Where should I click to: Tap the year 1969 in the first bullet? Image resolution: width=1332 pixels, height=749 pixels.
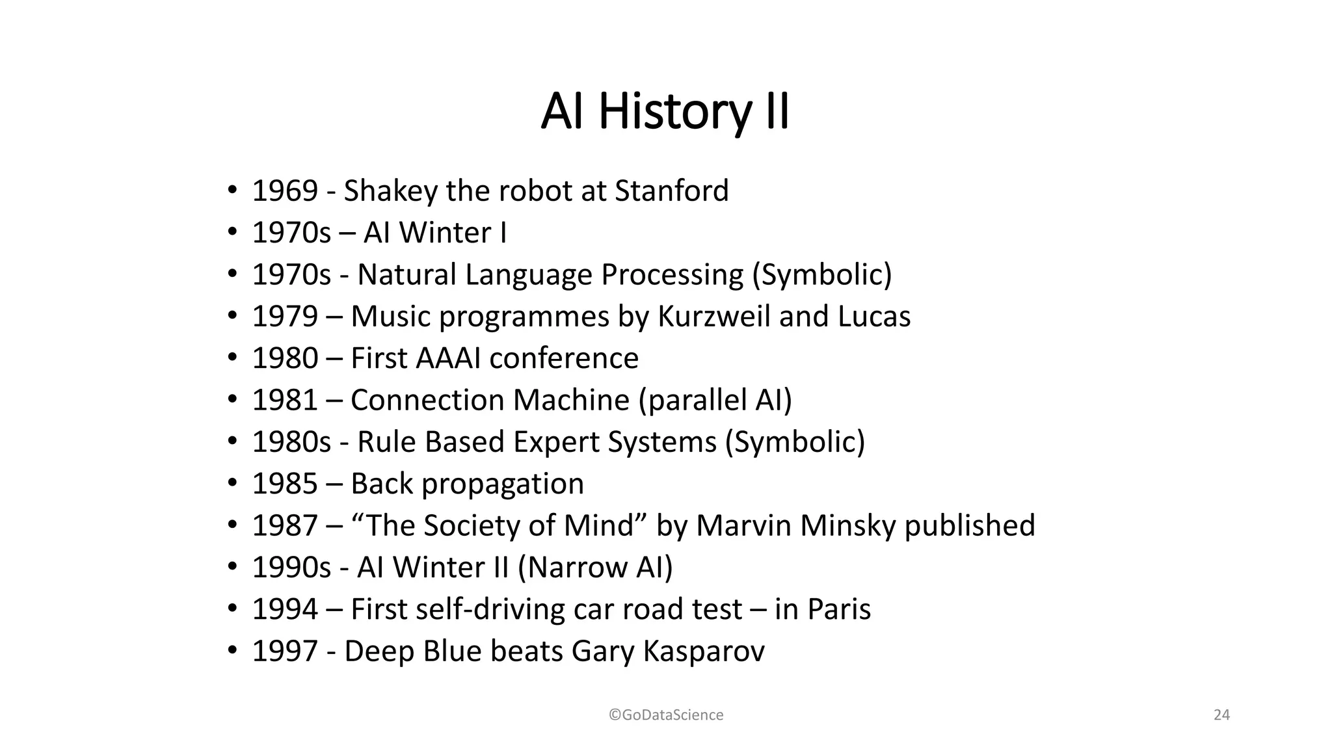pyautogui.click(x=284, y=191)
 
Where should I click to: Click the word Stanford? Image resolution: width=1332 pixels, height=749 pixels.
pyautogui.click(x=671, y=191)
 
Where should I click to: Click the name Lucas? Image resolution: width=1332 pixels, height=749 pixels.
pyautogui.click(x=874, y=316)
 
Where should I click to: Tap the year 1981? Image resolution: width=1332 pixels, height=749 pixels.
pyautogui.click(x=284, y=400)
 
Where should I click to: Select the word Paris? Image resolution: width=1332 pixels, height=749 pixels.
pyautogui.click(x=838, y=609)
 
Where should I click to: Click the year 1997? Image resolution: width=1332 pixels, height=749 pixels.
pyautogui.click(x=284, y=651)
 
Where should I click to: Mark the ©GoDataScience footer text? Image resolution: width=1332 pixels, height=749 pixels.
pyautogui.click(x=666, y=715)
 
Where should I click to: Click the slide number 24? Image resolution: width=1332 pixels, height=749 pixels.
pyautogui.click(x=1221, y=715)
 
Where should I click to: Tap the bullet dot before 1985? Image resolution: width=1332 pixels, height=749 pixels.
pyautogui.click(x=232, y=484)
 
